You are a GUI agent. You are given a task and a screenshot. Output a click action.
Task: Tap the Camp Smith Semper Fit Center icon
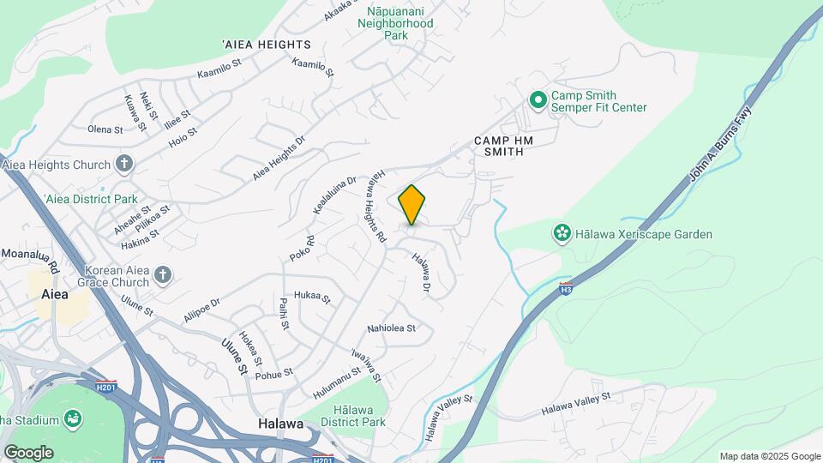[x=538, y=101]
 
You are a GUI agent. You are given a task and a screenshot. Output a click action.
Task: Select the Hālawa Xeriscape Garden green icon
[x=562, y=233]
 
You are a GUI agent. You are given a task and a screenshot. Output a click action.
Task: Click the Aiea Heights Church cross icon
[x=124, y=164]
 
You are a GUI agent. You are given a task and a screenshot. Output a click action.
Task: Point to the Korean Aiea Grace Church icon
[x=163, y=275]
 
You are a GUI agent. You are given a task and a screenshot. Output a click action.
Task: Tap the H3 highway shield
[x=566, y=288]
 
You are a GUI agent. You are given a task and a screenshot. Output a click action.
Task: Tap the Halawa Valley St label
[x=575, y=405]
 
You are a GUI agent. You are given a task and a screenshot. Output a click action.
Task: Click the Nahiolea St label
[x=391, y=328]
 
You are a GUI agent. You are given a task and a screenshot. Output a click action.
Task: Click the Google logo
[x=28, y=452]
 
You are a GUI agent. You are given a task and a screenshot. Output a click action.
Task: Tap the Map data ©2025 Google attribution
[x=770, y=456]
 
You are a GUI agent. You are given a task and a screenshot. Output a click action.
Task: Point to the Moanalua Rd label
[x=29, y=255]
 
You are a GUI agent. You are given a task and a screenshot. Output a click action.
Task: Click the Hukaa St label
[x=312, y=297]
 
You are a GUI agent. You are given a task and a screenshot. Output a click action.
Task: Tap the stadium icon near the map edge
[x=75, y=418]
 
